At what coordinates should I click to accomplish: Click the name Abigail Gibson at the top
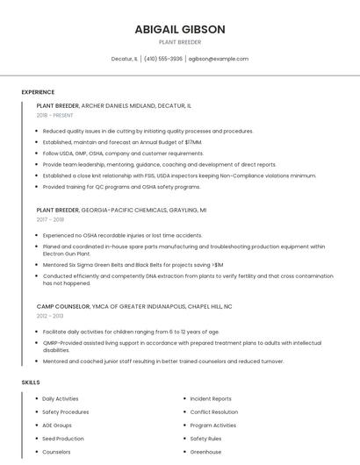[180, 29]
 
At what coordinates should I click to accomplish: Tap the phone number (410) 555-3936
[163, 59]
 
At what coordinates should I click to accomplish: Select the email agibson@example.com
[220, 59]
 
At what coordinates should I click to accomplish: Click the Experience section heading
[38, 92]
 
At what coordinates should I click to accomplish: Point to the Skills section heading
[31, 383]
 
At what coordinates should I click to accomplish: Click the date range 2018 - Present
[55, 115]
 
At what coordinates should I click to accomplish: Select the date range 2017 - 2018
[51, 219]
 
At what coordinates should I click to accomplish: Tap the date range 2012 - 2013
[51, 316]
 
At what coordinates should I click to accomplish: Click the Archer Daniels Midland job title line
[114, 105]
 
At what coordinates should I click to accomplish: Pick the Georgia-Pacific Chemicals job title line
[122, 211]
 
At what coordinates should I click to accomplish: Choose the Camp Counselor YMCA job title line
[134, 306]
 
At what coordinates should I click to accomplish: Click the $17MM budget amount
[192, 142]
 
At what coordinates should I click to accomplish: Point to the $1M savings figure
[217, 264]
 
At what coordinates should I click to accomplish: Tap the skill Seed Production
[63, 439]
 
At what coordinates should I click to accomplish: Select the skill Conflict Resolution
[213, 411]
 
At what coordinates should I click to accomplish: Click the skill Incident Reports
[211, 398]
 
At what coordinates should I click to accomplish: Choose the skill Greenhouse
[205, 452]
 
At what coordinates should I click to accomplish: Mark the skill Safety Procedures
[65, 411]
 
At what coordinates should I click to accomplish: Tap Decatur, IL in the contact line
[124, 59]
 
